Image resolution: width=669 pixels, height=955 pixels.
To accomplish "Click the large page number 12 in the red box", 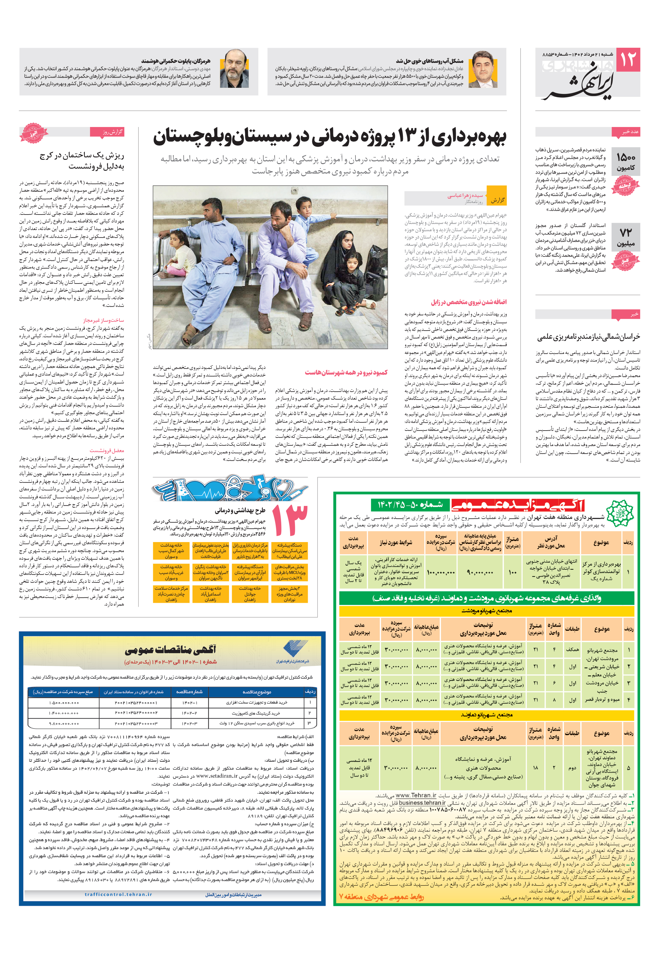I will click(x=628, y=60).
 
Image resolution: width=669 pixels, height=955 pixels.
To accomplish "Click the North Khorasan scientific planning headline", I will click(x=588, y=336).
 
